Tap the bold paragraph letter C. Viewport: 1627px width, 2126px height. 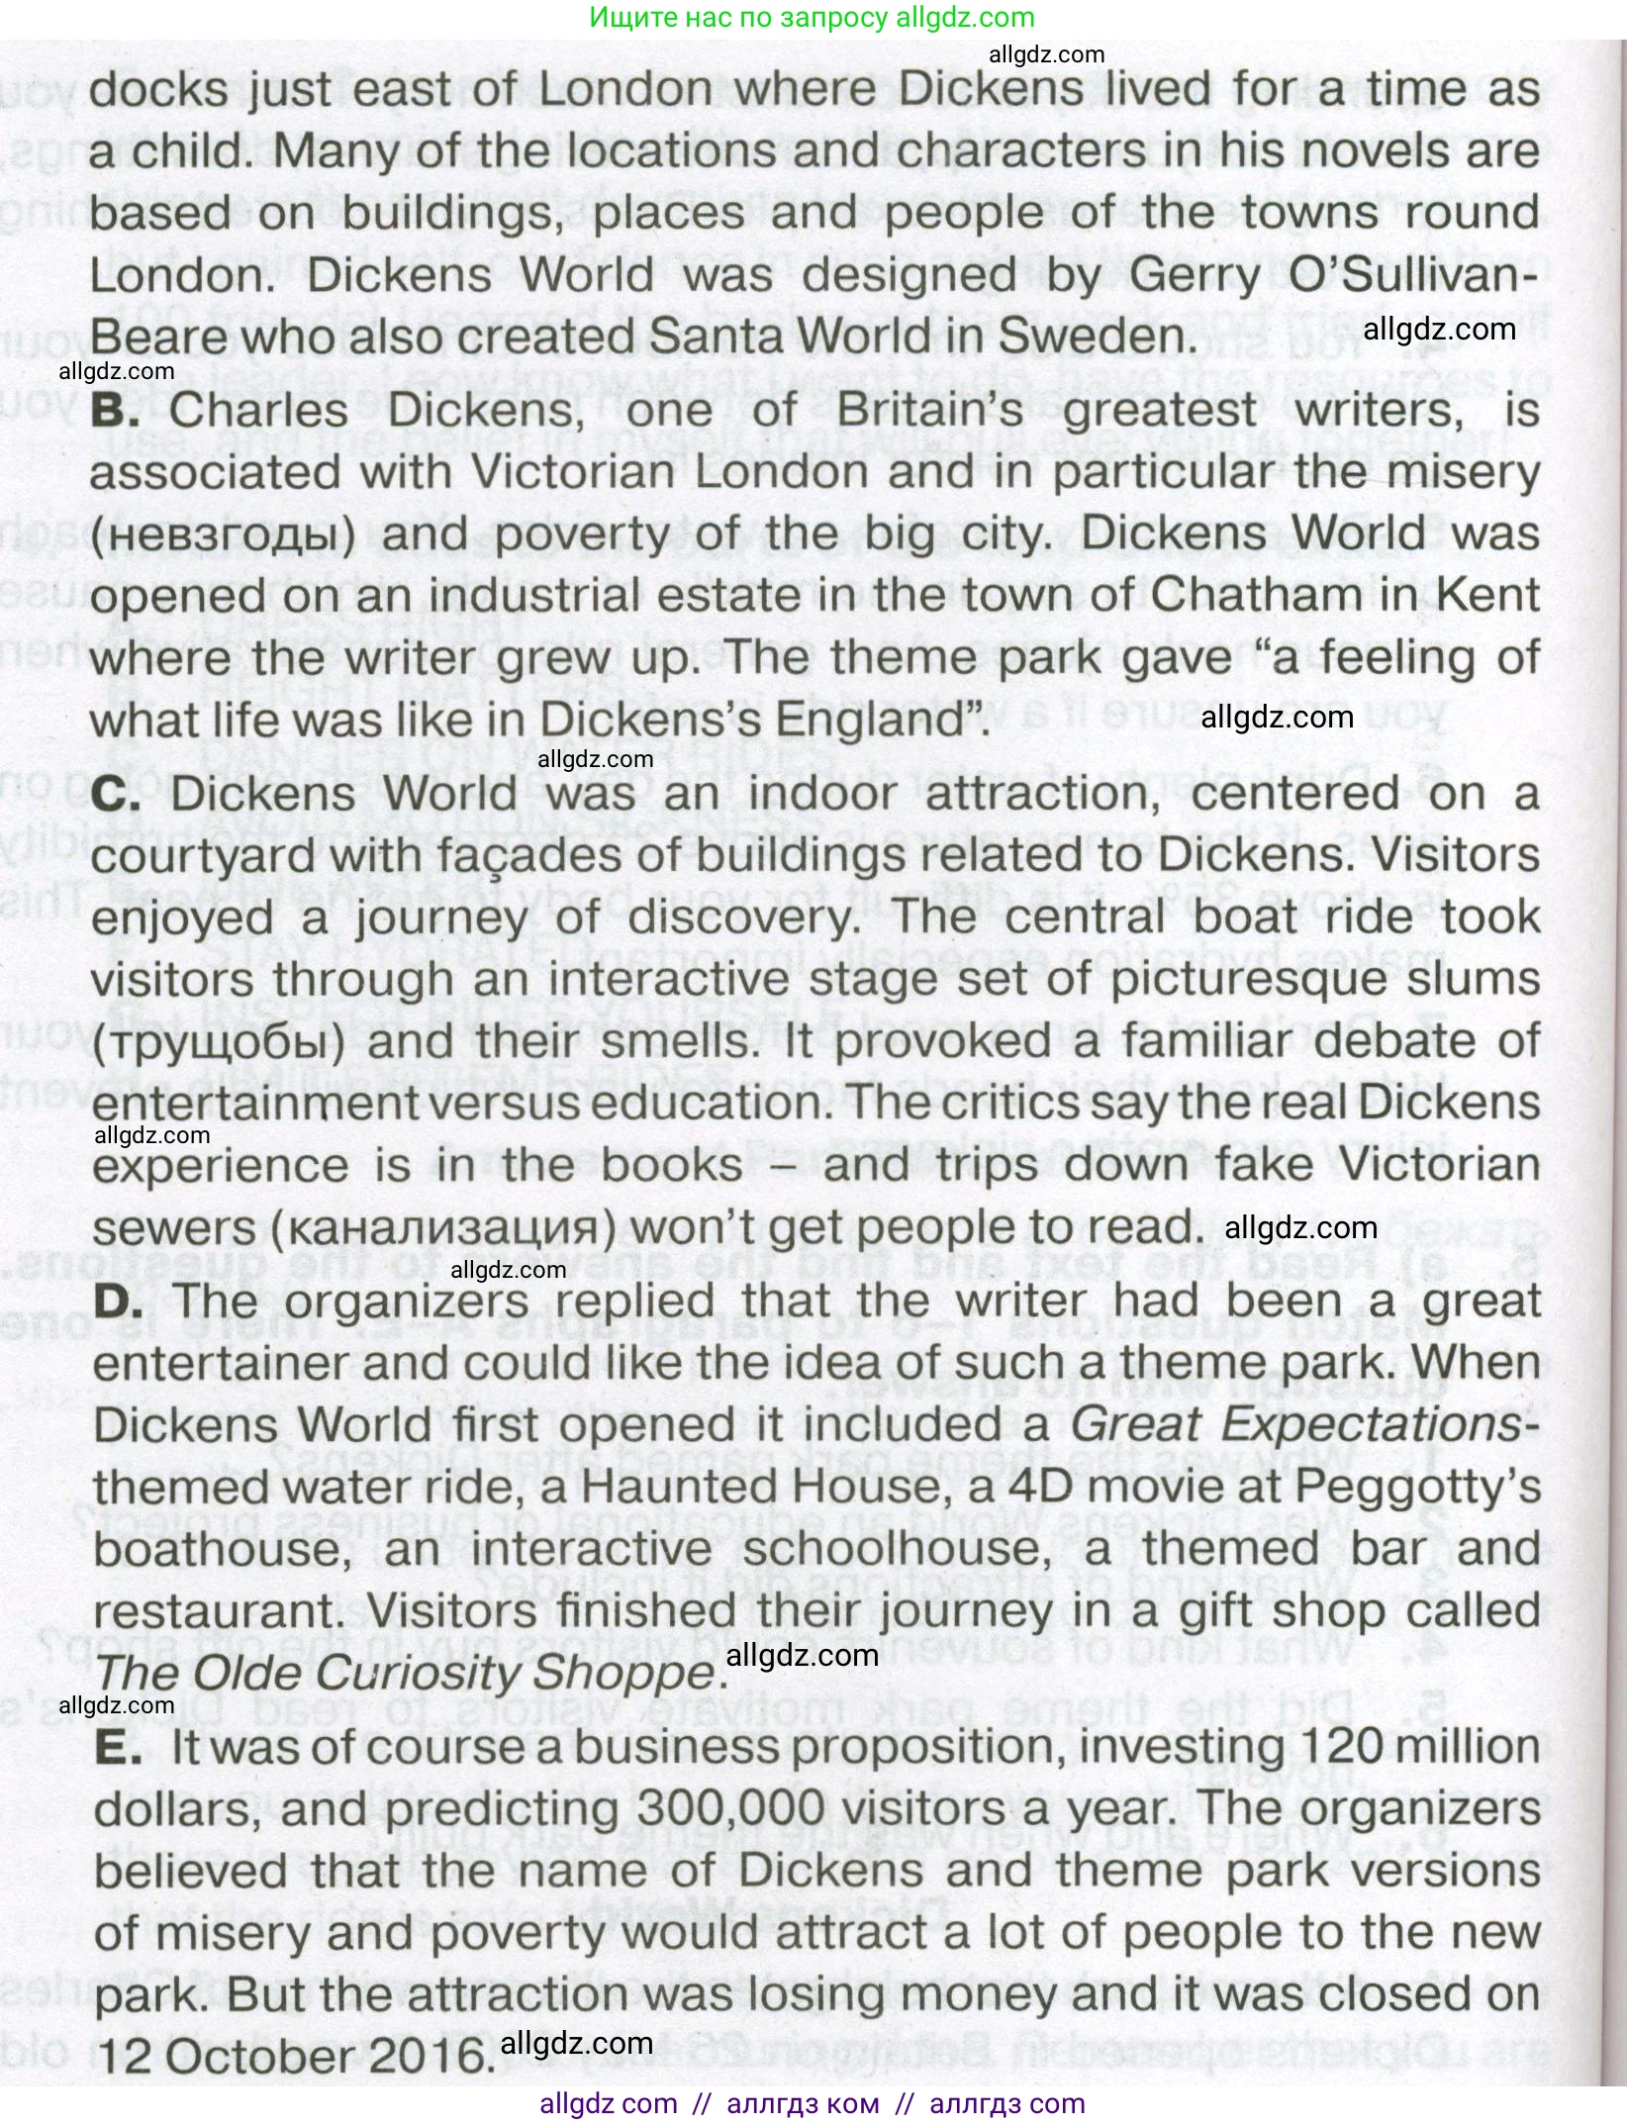click(x=116, y=794)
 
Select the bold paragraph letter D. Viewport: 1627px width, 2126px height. click(x=117, y=1302)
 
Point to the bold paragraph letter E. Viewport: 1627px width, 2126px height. click(x=118, y=1748)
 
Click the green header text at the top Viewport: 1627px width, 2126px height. click(x=812, y=17)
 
